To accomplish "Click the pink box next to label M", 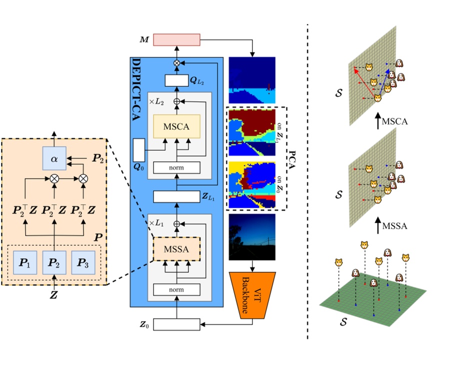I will point(176,39).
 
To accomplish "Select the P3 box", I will point(82,263).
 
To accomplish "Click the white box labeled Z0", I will point(176,325).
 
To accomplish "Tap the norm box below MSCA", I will point(176,168).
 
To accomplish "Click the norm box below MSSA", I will point(176,289).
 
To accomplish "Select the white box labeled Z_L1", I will point(176,197).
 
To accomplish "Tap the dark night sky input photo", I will point(251,237).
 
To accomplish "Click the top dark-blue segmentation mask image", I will point(251,79).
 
